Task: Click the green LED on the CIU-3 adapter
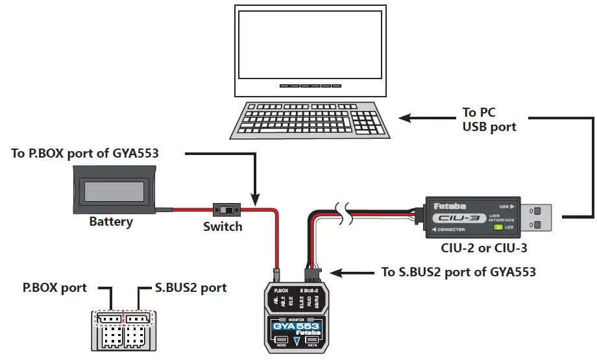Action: (498, 226)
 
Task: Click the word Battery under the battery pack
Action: (111, 222)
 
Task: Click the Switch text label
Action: (223, 226)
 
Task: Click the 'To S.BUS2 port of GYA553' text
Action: (458, 272)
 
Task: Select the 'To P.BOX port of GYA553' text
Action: (85, 154)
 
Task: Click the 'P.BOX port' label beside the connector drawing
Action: (55, 287)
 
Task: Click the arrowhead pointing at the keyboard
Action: (405, 118)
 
